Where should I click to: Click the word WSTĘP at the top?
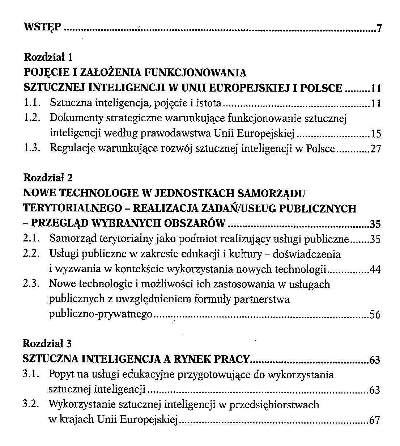[x=42, y=27]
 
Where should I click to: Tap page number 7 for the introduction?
[x=379, y=28]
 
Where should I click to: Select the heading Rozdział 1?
[x=48, y=57]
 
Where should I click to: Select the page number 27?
[x=376, y=149]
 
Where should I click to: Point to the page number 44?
[x=375, y=270]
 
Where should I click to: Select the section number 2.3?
[x=31, y=284]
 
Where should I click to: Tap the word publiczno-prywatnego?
[x=101, y=315]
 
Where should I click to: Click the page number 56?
[x=375, y=315]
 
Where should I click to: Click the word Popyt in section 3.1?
[x=60, y=374]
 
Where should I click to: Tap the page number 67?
[x=374, y=420]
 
